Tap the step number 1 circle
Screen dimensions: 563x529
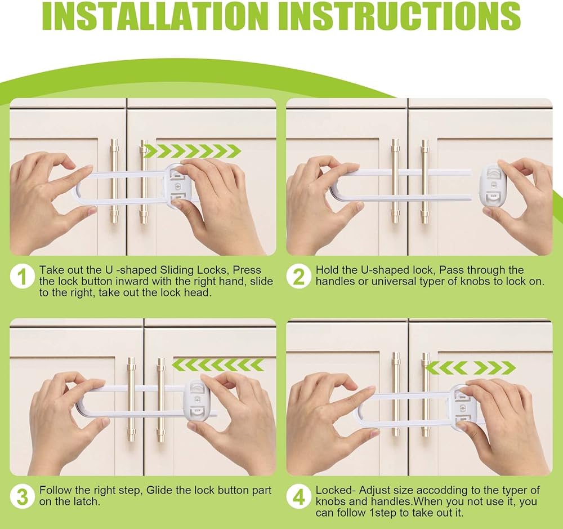[x=23, y=277]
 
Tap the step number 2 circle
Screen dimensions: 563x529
[x=299, y=277]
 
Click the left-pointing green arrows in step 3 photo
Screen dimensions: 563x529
[x=218, y=364]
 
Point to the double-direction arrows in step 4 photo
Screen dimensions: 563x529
[x=470, y=368]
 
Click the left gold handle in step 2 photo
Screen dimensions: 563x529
[x=395, y=180]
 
